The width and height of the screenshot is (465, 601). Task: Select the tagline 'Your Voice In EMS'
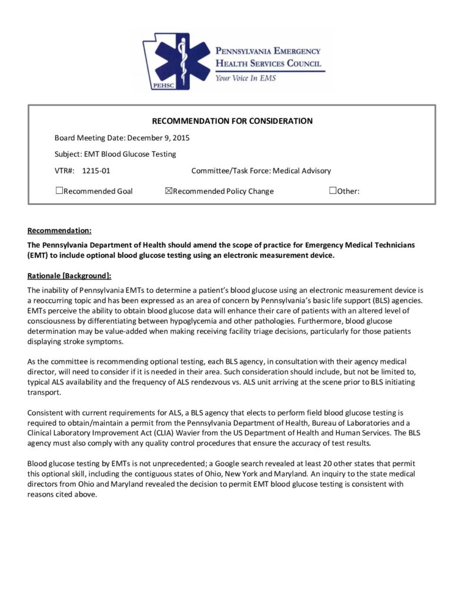point(245,77)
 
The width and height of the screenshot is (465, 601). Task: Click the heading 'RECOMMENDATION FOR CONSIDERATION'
point(232,121)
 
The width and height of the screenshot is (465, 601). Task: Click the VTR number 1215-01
point(96,171)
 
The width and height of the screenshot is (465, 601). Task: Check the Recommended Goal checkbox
point(59,190)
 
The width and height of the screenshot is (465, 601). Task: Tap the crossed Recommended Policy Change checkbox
point(169,190)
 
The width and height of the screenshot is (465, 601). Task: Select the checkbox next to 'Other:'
point(333,190)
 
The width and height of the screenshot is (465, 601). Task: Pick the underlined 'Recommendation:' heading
point(59,231)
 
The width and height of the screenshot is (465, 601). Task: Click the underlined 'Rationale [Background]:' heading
point(69,275)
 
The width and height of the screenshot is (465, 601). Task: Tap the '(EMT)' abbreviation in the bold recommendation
point(38,256)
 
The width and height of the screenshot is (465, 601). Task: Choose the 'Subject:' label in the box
point(68,154)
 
